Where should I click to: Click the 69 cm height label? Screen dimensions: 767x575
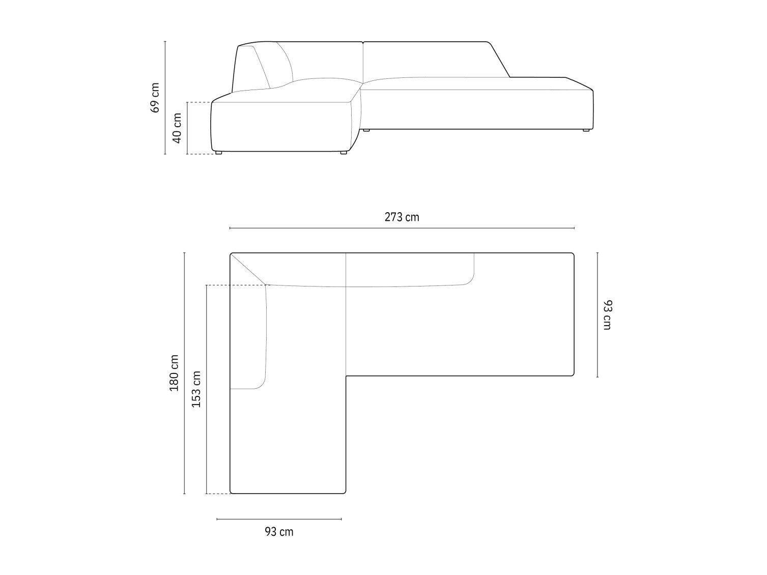(x=155, y=98)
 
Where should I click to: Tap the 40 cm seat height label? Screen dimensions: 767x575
(x=178, y=128)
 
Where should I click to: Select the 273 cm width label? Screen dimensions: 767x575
(x=402, y=217)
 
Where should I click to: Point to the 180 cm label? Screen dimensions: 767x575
(x=174, y=373)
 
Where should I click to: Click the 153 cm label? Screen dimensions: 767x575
(x=196, y=389)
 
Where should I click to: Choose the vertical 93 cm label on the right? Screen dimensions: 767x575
(x=608, y=315)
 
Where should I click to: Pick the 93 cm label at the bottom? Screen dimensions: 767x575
(x=279, y=532)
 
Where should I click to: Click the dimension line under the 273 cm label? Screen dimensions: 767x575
(x=402, y=228)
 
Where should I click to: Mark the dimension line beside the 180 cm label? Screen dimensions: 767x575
(x=185, y=373)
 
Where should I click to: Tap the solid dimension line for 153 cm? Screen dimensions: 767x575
(x=206, y=389)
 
